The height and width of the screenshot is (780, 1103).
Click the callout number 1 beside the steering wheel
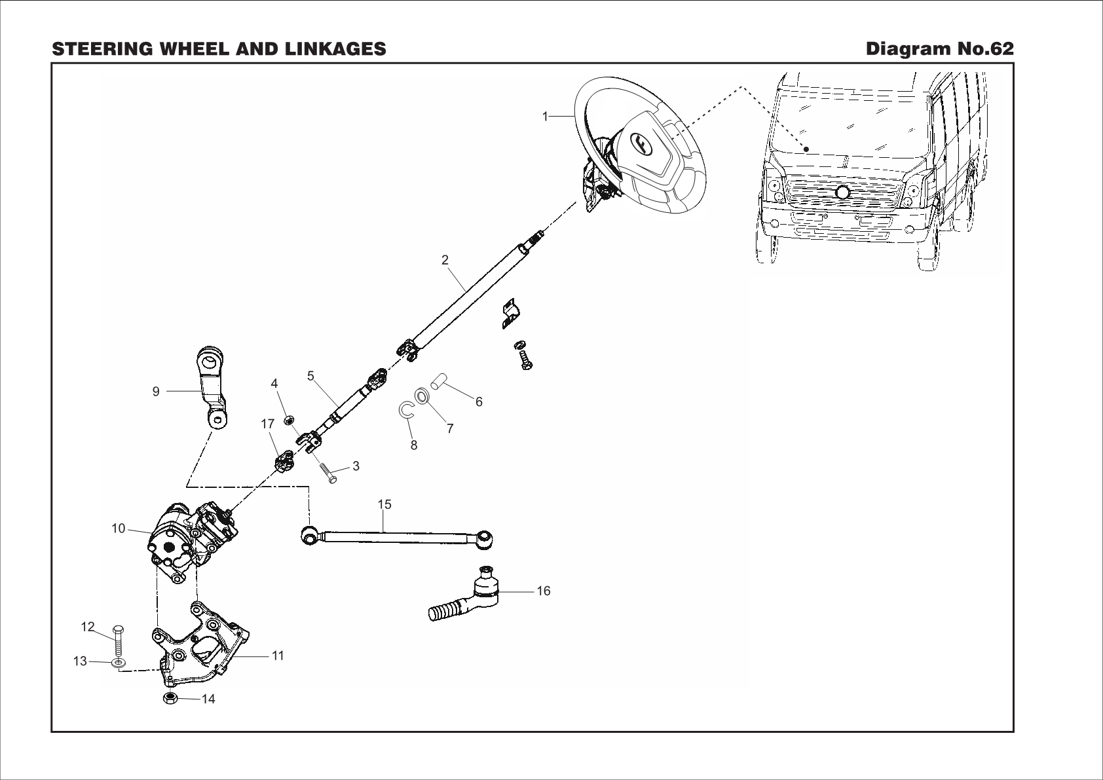pyautogui.click(x=544, y=116)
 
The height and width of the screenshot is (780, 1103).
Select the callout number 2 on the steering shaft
pyautogui.click(x=445, y=259)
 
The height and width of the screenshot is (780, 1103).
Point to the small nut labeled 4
pyautogui.click(x=289, y=418)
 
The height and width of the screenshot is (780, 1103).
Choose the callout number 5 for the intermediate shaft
pyautogui.click(x=310, y=376)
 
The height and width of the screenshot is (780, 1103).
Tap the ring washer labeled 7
pyautogui.click(x=422, y=396)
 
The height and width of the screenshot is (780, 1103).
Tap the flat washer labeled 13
pyautogui.click(x=119, y=663)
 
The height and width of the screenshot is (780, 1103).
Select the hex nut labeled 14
pyautogui.click(x=169, y=698)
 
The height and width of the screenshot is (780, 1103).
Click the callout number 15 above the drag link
pyautogui.click(x=384, y=504)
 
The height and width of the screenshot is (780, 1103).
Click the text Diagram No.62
pyautogui.click(x=939, y=49)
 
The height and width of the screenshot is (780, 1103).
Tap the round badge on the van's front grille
pyautogui.click(x=842, y=192)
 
